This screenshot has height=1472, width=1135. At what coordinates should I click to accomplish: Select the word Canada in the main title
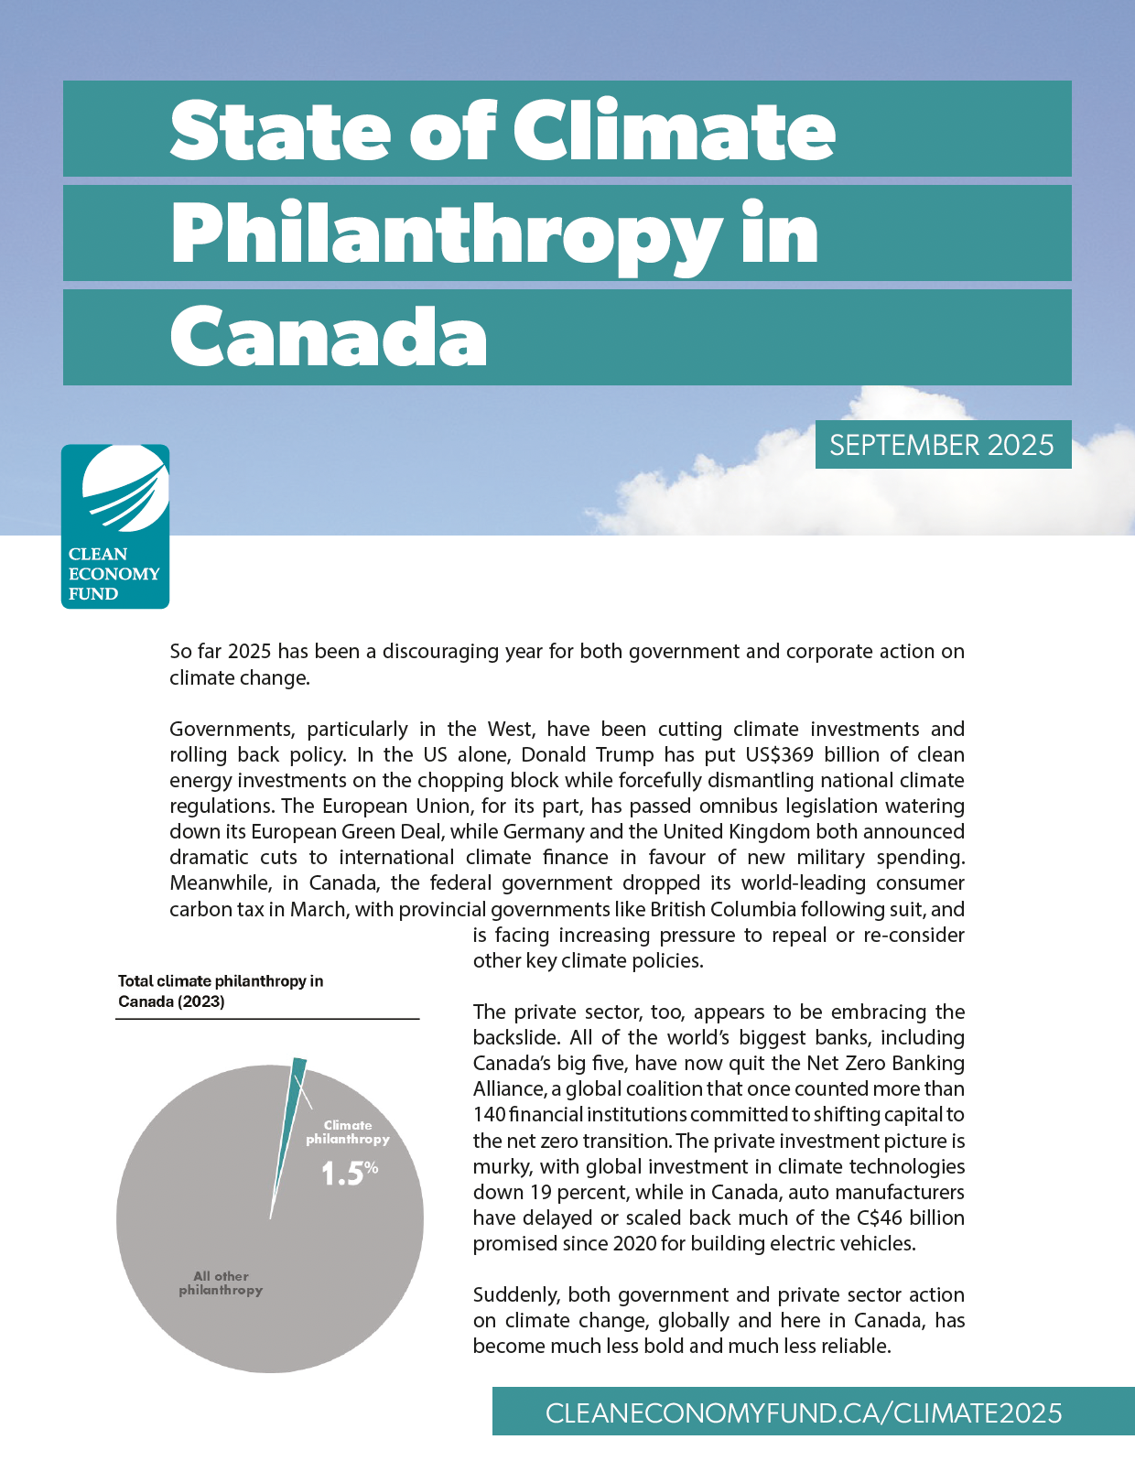click(329, 337)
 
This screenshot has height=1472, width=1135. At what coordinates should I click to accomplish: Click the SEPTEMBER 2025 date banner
click(942, 445)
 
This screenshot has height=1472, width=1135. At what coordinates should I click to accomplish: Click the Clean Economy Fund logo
click(115, 526)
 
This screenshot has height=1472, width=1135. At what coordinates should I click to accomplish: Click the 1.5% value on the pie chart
click(349, 1173)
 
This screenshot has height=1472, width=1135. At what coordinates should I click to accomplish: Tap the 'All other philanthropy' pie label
click(221, 1283)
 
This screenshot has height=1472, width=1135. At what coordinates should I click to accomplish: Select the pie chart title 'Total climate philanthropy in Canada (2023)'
click(221, 991)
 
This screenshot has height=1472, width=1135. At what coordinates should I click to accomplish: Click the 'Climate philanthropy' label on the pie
click(348, 1132)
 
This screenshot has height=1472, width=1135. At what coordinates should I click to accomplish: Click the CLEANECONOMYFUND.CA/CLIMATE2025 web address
click(804, 1412)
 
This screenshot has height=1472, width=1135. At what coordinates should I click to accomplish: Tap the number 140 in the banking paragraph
click(488, 1115)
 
